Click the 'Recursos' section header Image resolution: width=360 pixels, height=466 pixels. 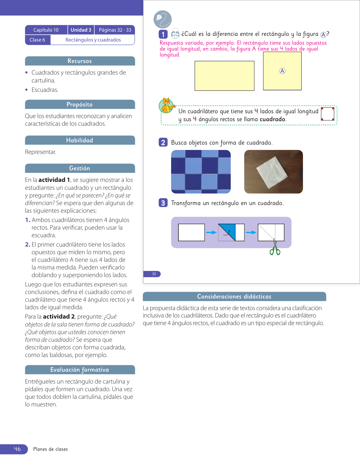80,61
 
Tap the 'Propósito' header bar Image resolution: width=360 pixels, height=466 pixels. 80,104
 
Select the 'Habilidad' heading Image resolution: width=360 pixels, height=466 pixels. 80,140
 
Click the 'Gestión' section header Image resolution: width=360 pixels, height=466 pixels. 80,168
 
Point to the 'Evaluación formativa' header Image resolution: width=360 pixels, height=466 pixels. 80,370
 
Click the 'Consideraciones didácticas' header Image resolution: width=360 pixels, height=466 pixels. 234,296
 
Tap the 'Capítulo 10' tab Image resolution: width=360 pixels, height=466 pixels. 46,30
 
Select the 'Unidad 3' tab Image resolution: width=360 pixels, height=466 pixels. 81,30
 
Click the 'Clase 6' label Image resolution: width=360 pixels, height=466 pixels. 38,40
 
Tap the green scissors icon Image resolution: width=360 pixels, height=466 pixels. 275,248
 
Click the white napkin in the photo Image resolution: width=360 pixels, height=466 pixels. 272,172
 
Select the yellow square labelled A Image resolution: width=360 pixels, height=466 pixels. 282,71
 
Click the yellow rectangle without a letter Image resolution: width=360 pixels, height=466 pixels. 224,76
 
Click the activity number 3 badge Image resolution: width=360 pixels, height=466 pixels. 163,203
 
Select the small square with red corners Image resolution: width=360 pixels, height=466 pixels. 328,114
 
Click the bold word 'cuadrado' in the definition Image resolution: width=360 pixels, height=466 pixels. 272,119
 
